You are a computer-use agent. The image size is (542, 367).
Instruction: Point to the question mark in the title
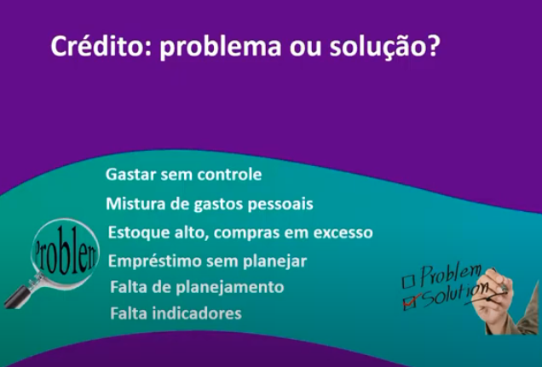tap(432, 46)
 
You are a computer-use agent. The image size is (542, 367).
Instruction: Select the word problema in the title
tap(220, 48)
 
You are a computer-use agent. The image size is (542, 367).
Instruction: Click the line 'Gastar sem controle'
tap(183, 175)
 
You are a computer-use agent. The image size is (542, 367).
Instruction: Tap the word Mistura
tap(135, 204)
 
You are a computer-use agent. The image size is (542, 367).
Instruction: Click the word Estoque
tap(139, 232)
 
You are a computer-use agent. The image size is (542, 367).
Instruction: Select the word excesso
tap(343, 233)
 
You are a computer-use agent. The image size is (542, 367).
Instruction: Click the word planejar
tap(274, 261)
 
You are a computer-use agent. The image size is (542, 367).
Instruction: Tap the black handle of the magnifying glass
tap(18, 297)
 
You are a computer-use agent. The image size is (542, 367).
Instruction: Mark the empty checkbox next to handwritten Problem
tap(408, 281)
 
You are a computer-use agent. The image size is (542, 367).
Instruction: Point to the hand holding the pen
tap(498, 301)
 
